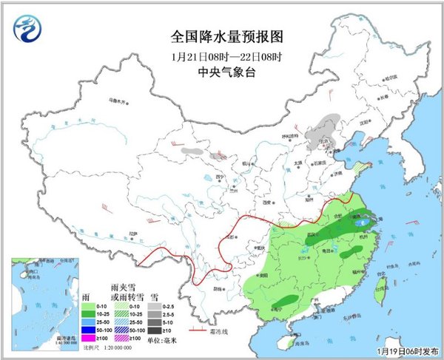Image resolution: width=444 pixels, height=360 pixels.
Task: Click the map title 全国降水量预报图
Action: pyautogui.click(x=222, y=36)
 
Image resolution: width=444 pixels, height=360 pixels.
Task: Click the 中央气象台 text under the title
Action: pyautogui.click(x=222, y=72)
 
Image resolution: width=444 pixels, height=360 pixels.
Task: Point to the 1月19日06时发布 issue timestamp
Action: pyautogui.click(x=406, y=350)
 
